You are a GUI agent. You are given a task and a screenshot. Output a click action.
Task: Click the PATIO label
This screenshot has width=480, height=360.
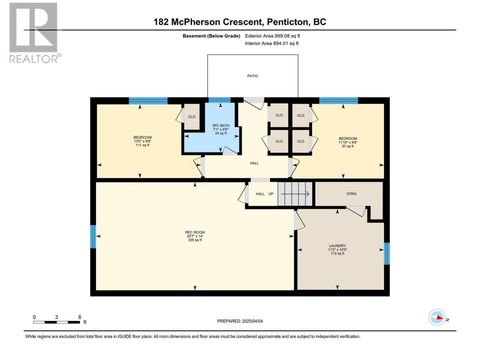click(253, 76)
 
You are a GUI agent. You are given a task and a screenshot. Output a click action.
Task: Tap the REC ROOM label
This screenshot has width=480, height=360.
click(195, 232)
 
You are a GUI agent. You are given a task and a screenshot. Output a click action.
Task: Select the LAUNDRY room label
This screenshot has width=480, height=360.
click(337, 246)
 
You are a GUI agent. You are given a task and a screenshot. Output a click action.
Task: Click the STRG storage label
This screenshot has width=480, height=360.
click(351, 193)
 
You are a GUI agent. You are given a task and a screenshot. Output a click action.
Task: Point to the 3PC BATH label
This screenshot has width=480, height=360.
click(220, 126)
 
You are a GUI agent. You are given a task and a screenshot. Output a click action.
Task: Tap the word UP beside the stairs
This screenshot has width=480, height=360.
click(271, 194)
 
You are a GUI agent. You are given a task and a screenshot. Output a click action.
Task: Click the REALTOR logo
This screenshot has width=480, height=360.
click(33, 33)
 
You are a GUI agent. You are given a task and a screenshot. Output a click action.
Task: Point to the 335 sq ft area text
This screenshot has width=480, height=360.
click(195, 240)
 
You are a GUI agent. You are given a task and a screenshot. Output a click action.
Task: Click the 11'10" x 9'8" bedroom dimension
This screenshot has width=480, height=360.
click(348, 142)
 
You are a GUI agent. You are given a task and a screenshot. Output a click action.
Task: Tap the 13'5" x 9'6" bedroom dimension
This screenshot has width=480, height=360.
click(142, 141)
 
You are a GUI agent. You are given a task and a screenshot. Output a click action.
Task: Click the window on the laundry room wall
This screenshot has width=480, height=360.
click(387, 253)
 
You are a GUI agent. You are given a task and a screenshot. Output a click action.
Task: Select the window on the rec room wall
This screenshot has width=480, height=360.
click(93, 237)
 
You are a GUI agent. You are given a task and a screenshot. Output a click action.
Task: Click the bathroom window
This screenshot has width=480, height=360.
click(219, 100)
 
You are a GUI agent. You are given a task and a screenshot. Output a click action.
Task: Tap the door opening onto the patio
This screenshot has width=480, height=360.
click(254, 103)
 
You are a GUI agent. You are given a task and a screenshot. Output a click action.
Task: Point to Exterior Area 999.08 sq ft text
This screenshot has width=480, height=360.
click(273, 36)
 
